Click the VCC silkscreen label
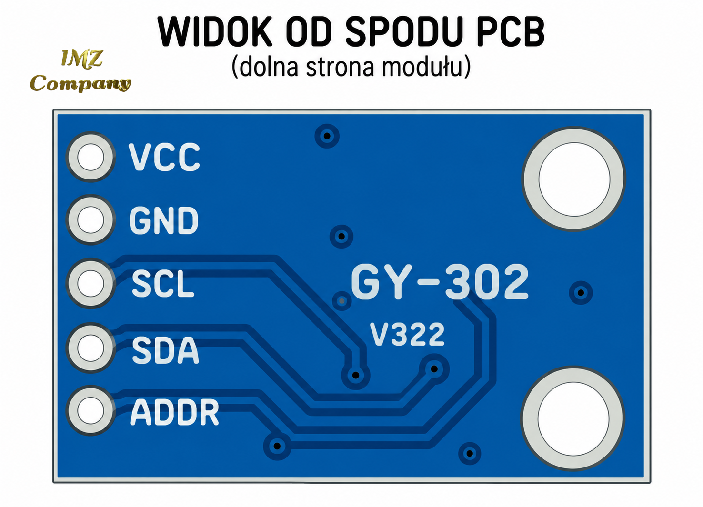164,157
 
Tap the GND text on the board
164,220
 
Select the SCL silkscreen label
163,284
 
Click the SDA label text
165,350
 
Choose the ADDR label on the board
174,412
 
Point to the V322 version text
407,335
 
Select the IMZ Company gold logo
80,71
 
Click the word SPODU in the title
404,31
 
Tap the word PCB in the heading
511,31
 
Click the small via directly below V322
434,369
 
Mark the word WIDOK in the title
215,31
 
